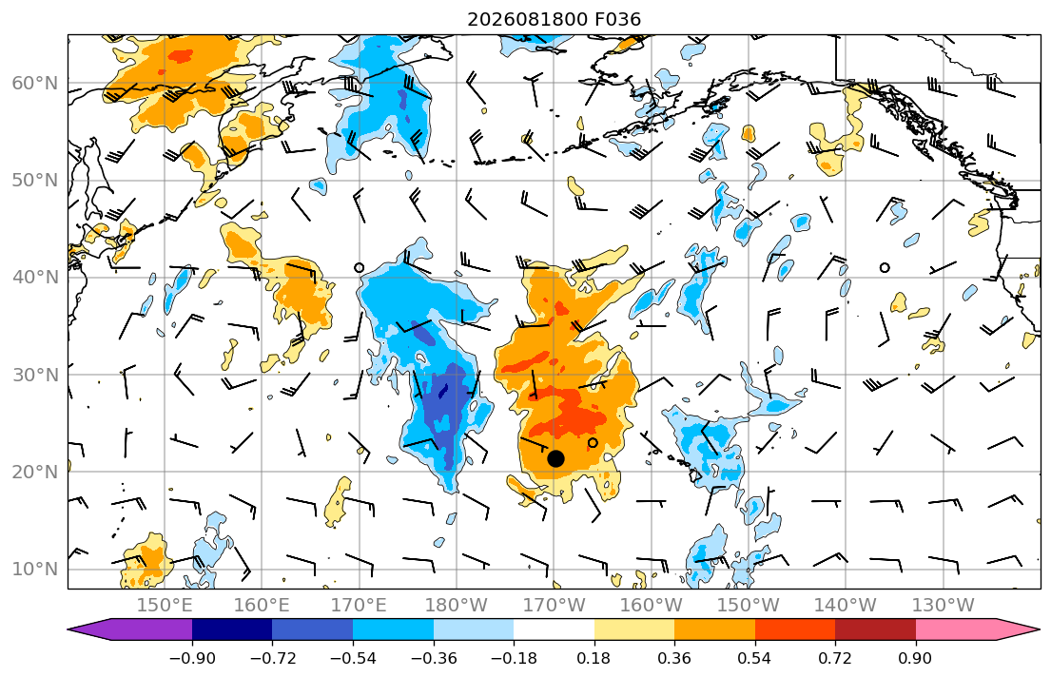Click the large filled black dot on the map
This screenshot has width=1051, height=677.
(x=555, y=458)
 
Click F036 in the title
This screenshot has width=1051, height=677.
(x=617, y=19)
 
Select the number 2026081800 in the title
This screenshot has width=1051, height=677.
(x=528, y=19)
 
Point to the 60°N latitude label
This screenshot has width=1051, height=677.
(x=35, y=83)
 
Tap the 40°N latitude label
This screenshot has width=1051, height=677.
(x=35, y=278)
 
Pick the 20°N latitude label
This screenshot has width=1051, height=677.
(x=35, y=472)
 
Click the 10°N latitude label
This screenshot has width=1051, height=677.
(x=35, y=570)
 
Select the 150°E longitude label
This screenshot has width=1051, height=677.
(x=165, y=606)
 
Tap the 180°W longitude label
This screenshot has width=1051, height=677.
(x=457, y=606)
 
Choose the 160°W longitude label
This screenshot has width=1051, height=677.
(x=652, y=606)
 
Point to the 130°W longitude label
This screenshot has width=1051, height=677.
(x=944, y=606)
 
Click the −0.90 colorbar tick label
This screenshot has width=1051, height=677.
(x=192, y=658)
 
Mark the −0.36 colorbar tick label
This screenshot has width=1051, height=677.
(x=434, y=658)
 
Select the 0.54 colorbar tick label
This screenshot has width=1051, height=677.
(x=755, y=658)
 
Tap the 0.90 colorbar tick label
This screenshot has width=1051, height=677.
(x=916, y=658)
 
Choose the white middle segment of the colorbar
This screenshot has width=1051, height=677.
(x=555, y=629)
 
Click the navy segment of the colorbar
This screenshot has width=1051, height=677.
(x=233, y=629)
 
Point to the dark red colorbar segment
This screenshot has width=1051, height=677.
(x=875, y=629)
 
